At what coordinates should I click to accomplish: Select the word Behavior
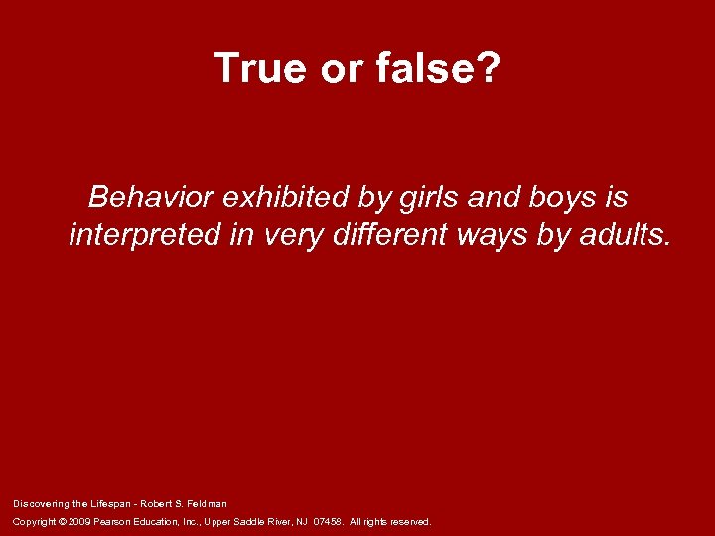151,198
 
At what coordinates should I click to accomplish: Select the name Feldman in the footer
206,503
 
